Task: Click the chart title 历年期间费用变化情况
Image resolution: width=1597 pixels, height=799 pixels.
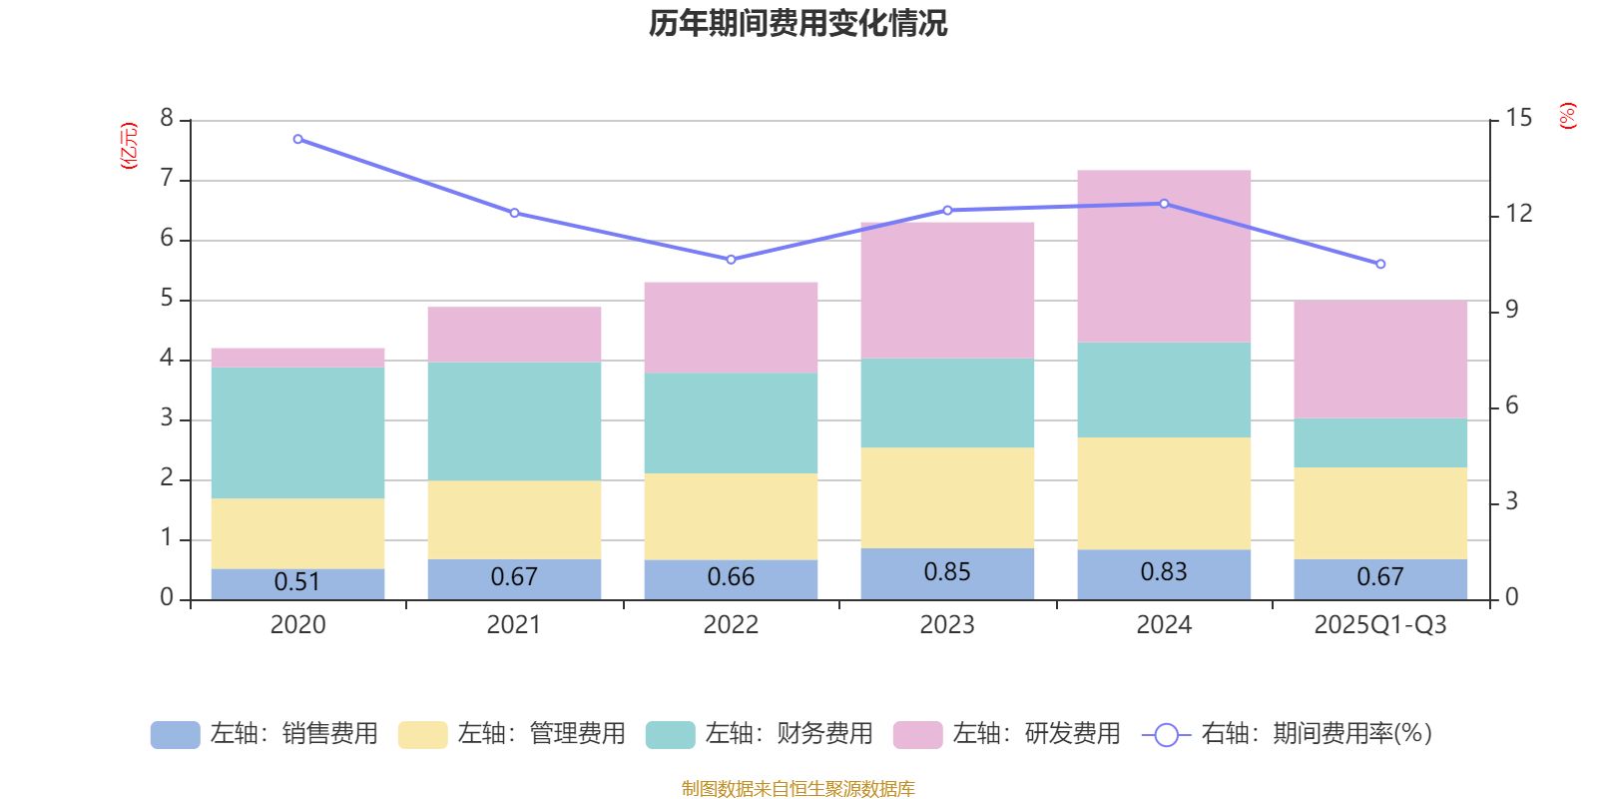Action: [798, 24]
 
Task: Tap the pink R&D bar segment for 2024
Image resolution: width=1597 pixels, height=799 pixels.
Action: [1164, 256]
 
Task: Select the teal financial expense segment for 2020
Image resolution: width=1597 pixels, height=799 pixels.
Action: [298, 433]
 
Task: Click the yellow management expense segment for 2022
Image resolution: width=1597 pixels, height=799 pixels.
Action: [731, 516]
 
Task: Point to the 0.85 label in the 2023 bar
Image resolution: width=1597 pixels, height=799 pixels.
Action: [947, 571]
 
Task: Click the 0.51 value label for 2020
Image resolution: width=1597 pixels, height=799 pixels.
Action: [297, 581]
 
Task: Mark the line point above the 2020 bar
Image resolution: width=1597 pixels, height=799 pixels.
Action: [298, 139]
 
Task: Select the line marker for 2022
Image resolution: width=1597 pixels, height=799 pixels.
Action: [731, 260]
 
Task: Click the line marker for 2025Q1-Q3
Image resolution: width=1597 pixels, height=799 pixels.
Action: [1380, 264]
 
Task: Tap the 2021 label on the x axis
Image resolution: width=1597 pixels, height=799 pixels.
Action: [514, 625]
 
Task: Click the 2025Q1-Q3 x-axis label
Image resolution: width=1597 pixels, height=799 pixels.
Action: [1380, 625]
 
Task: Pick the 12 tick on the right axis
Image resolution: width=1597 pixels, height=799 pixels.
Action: [1518, 214]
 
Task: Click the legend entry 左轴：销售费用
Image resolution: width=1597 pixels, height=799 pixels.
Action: [265, 734]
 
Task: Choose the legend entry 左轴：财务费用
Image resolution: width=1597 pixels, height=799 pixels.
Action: [760, 734]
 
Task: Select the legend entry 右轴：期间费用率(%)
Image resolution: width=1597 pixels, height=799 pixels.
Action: [1287, 734]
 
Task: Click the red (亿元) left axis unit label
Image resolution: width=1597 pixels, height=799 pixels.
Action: [129, 146]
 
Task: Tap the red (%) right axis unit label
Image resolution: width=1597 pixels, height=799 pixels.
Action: [1567, 116]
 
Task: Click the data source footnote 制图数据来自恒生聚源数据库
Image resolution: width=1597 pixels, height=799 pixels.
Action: [798, 788]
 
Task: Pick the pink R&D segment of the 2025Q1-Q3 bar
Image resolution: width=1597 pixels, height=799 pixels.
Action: [1380, 360]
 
